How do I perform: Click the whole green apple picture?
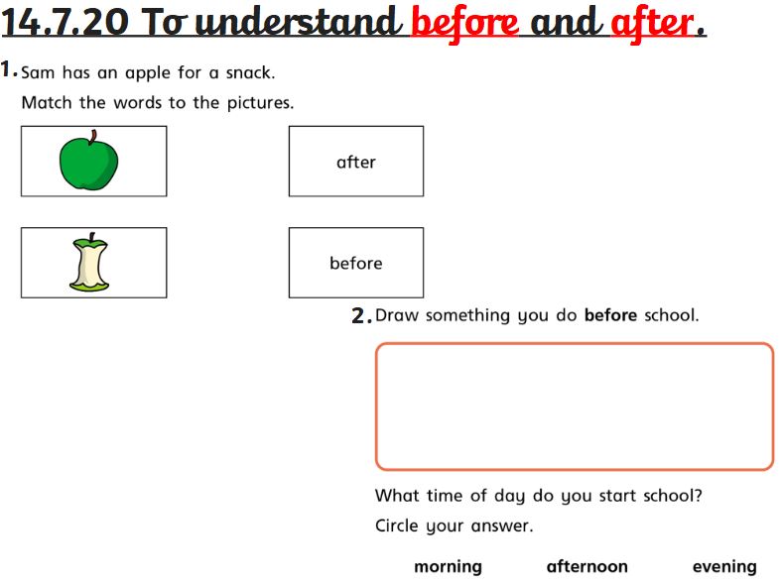[x=89, y=161]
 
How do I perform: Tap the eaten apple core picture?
[x=89, y=262]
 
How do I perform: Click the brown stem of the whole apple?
[x=93, y=137]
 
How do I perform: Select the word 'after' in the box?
[x=356, y=162]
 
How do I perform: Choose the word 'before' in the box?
[x=356, y=263]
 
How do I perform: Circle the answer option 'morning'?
[x=448, y=566]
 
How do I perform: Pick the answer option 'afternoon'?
[x=587, y=566]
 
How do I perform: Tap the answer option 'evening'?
[x=724, y=566]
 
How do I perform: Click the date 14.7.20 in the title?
[x=65, y=23]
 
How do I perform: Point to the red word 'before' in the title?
[x=464, y=24]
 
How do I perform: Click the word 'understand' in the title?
[x=299, y=23]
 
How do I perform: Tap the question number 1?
[x=9, y=68]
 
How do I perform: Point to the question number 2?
[x=361, y=315]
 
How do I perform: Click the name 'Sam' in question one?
[x=38, y=72]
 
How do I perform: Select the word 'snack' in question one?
[x=248, y=72]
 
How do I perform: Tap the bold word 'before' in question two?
[x=610, y=315]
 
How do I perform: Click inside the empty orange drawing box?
[x=575, y=407]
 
